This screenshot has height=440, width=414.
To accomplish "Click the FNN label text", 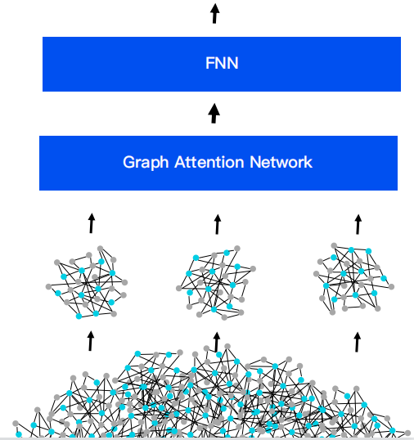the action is point(222,63).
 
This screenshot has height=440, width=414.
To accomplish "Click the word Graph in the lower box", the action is point(146,163).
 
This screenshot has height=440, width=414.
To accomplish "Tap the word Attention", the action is point(209,162).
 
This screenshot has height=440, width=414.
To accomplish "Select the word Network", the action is point(281,162).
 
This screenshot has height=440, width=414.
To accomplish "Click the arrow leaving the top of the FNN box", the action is point(214,13).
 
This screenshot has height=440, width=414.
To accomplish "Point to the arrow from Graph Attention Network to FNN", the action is point(214,113).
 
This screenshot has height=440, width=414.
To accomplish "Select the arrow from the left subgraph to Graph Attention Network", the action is point(92,223).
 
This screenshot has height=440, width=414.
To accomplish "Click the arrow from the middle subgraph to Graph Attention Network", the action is point(218,224).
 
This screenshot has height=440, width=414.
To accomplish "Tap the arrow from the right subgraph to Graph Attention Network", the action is point(358,224).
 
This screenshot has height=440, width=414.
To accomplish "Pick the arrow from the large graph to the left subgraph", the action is point(90,341).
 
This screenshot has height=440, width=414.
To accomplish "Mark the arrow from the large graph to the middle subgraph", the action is point(216,342).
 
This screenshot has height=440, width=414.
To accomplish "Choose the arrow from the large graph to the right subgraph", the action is point(357,342).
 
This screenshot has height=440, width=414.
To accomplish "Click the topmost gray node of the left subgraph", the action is point(100,249).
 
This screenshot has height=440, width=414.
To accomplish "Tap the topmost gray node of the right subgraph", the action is point(334,246).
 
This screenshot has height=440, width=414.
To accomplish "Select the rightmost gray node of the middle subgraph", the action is point(253,269).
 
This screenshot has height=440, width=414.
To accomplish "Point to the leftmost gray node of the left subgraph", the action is point(48,287).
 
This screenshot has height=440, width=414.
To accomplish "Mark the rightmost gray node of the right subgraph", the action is point(392,286).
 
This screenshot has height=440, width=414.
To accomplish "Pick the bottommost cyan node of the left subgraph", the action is point(79,317).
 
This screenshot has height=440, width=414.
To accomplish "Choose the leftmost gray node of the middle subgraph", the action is point(179,288).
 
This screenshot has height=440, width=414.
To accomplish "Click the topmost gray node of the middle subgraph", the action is point(237,249).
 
